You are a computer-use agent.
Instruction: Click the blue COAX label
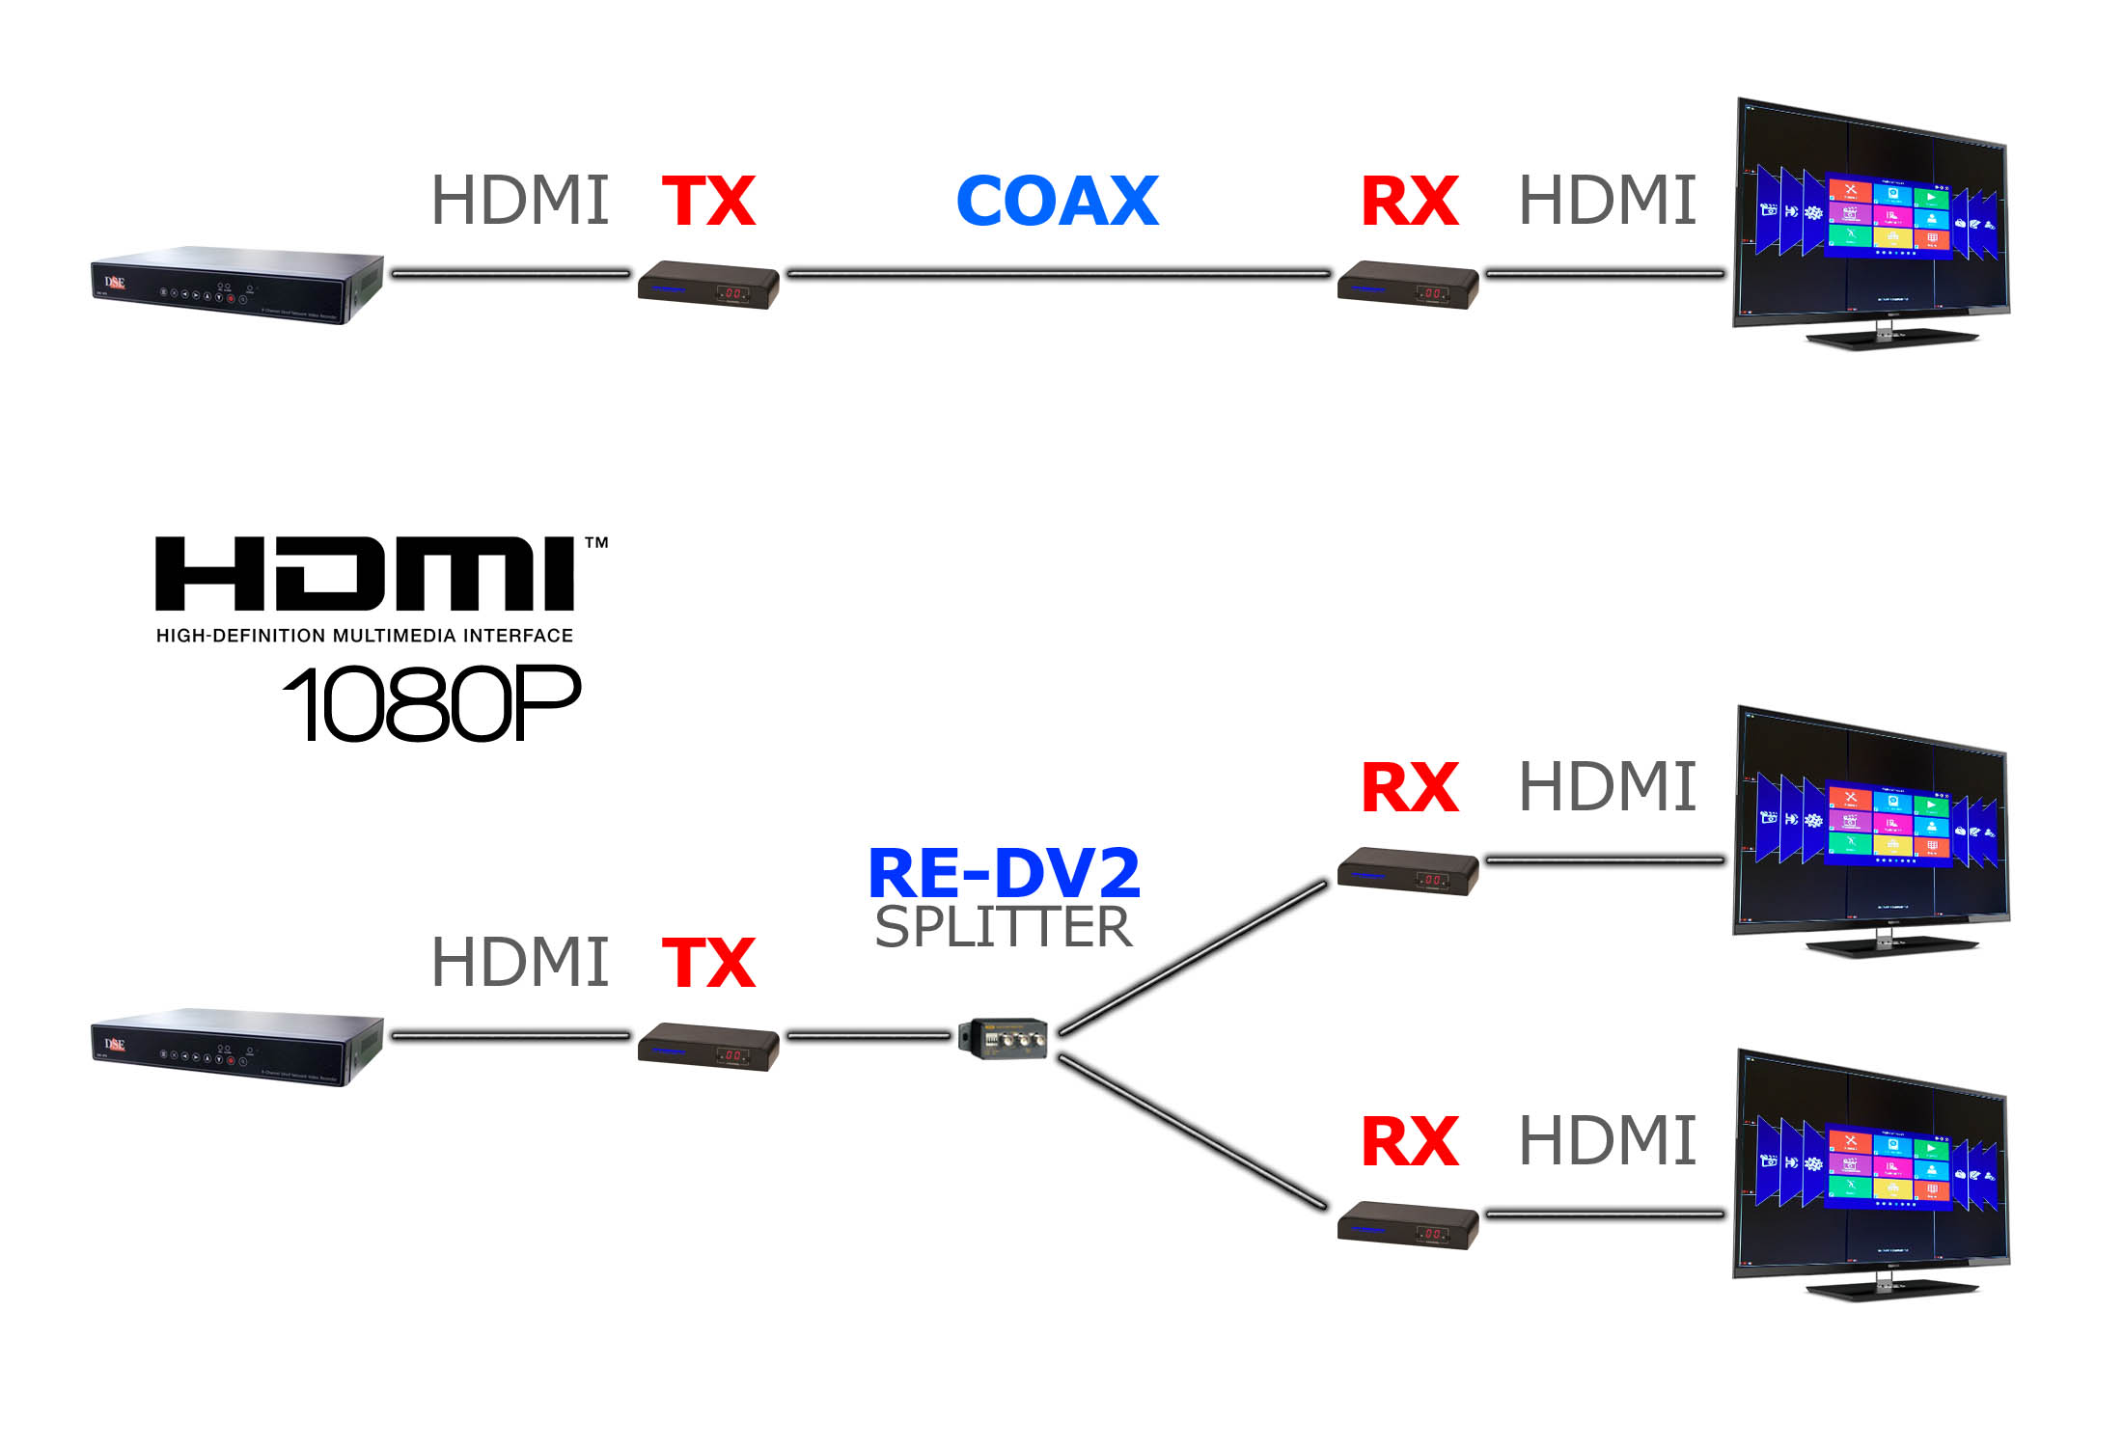(1057, 202)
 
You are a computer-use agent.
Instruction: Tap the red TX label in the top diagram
(708, 202)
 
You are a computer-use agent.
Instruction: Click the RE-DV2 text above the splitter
(1004, 873)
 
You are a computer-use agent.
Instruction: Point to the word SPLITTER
(1004, 927)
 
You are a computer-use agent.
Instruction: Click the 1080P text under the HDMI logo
(432, 704)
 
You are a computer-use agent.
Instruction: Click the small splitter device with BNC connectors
(1004, 1038)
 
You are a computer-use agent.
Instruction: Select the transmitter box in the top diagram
(708, 285)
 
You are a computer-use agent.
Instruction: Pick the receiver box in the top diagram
(1408, 285)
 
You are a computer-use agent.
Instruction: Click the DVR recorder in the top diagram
(237, 285)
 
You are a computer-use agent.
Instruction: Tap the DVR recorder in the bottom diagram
(237, 1047)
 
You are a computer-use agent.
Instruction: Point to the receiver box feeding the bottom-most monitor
(1408, 1225)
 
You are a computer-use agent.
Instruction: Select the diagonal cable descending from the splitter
(1193, 1131)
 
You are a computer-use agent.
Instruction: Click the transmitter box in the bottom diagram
(708, 1047)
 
